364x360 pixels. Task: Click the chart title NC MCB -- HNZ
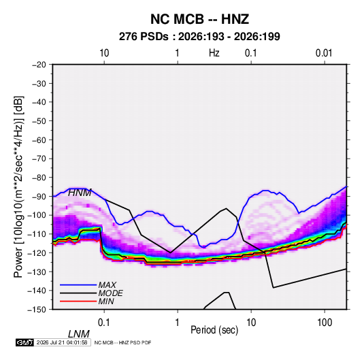tap(199, 19)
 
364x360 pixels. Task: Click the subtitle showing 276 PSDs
tap(199, 37)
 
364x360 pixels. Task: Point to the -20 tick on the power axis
tap(39, 65)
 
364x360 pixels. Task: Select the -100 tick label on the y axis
tap(37, 215)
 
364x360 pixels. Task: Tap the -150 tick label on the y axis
tap(37, 310)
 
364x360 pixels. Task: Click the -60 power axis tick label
tap(39, 140)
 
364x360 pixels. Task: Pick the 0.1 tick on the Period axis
tap(104, 323)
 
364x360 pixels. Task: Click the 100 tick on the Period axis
tap(325, 323)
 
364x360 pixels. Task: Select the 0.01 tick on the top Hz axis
tap(324, 53)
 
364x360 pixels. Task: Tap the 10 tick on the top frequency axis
tap(104, 53)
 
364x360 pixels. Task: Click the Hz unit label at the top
tap(214, 53)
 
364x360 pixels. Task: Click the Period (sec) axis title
tap(214, 330)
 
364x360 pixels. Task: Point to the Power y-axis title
tap(18, 187)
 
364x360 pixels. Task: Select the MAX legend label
tap(107, 285)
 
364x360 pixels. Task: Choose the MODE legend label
tap(110, 293)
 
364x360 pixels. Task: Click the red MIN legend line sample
tap(78, 301)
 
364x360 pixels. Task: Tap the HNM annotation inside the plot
tap(80, 193)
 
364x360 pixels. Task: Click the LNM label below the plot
tap(79, 334)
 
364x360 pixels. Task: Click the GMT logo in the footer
tap(24, 342)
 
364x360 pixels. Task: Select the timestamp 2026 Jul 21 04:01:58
tap(62, 342)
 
